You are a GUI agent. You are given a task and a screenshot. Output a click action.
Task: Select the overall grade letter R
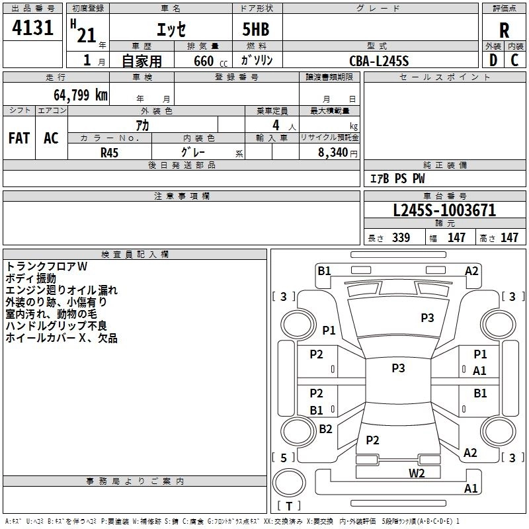(x=504, y=30)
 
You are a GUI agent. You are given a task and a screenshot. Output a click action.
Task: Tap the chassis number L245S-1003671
(x=444, y=211)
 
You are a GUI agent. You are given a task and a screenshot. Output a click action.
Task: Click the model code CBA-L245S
(x=380, y=61)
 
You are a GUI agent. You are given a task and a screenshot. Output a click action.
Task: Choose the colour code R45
(x=110, y=151)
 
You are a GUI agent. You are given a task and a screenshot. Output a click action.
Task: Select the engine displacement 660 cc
(x=204, y=61)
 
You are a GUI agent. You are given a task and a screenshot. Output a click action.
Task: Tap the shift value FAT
(x=19, y=138)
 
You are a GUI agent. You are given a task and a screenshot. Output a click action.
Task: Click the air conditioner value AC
(x=51, y=138)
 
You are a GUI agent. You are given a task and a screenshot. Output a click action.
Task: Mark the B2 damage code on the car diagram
(x=325, y=428)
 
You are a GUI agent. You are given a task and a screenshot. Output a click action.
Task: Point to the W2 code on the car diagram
(x=416, y=473)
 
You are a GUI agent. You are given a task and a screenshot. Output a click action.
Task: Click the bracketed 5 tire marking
(x=283, y=458)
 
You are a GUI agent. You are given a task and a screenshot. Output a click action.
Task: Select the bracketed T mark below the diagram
(x=288, y=506)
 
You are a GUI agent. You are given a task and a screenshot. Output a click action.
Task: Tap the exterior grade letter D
(x=492, y=61)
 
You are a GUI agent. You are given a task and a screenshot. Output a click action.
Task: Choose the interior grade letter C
(x=514, y=61)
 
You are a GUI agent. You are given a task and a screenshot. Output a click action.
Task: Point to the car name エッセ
(x=171, y=30)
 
